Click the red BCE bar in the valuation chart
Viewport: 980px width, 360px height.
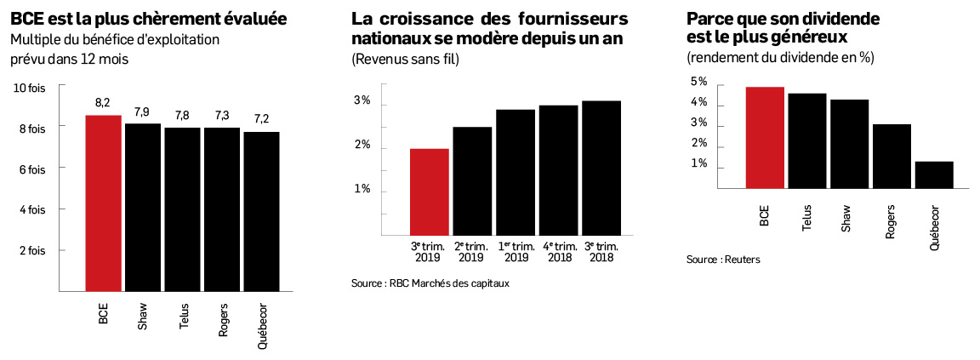point(103,202)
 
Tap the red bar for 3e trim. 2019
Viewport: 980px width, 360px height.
point(430,192)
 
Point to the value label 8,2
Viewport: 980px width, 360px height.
point(103,103)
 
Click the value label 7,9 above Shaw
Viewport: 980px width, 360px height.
point(142,111)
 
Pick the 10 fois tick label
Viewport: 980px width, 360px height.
point(30,86)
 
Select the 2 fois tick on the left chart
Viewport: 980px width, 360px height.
point(32,250)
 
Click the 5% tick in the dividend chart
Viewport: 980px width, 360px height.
point(698,82)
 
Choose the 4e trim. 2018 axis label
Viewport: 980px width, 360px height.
point(558,252)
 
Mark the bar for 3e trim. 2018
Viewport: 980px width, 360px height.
point(601,168)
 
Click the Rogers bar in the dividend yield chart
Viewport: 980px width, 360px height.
point(892,155)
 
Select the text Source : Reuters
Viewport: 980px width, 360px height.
point(723,259)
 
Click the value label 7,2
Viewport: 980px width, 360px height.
point(260,119)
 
